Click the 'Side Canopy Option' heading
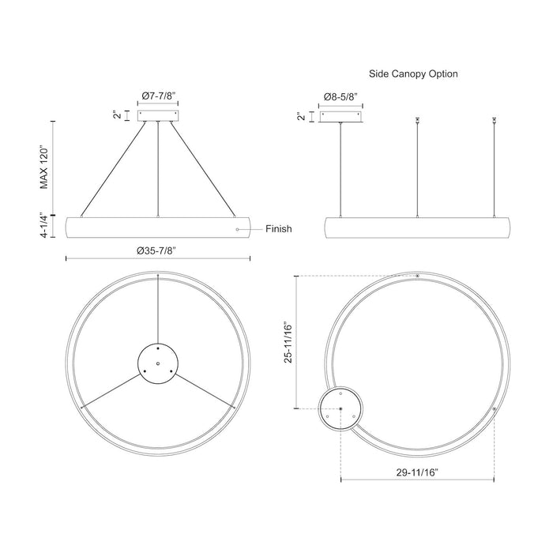[413, 73]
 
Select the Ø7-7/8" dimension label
[159, 96]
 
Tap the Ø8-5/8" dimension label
[340, 96]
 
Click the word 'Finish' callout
[278, 229]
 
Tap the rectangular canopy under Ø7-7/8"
[159, 115]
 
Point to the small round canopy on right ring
[341, 408]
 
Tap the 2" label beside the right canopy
[301, 117]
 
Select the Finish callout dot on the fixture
[237, 229]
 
